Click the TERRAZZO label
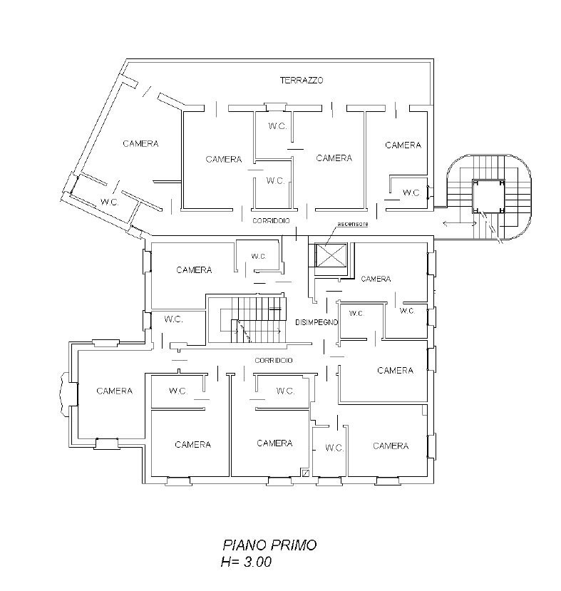click(x=301, y=81)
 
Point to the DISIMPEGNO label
click(x=316, y=323)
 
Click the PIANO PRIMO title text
click(x=269, y=545)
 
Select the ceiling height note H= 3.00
click(x=245, y=562)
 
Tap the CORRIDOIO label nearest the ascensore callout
click(x=271, y=222)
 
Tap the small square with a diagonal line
click(x=305, y=471)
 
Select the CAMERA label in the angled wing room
click(x=140, y=143)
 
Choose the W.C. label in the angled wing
click(x=109, y=202)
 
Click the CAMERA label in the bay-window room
click(x=114, y=391)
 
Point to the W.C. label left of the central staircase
click(x=173, y=319)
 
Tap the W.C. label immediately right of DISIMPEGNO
click(x=356, y=313)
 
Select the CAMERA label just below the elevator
click(x=376, y=279)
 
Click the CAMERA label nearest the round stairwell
click(x=403, y=145)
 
